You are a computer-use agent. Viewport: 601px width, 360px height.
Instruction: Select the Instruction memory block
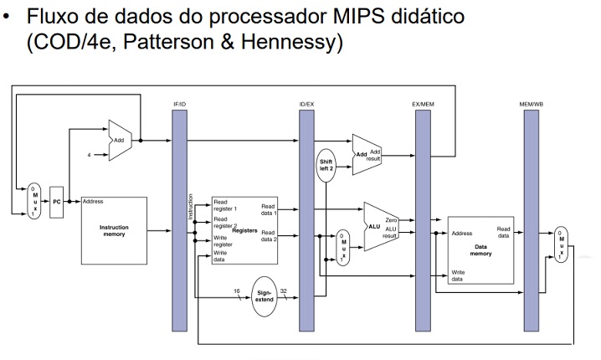tap(113, 230)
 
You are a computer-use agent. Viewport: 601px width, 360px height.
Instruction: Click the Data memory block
tap(480, 249)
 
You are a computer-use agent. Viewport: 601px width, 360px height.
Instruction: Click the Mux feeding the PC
tap(34, 201)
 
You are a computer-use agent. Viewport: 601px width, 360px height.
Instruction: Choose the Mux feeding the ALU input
tap(342, 248)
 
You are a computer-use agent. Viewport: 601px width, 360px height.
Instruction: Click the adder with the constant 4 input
tap(120, 140)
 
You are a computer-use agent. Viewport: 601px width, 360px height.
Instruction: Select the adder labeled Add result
tap(366, 156)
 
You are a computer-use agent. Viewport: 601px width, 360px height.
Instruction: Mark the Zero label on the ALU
tap(390, 219)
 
